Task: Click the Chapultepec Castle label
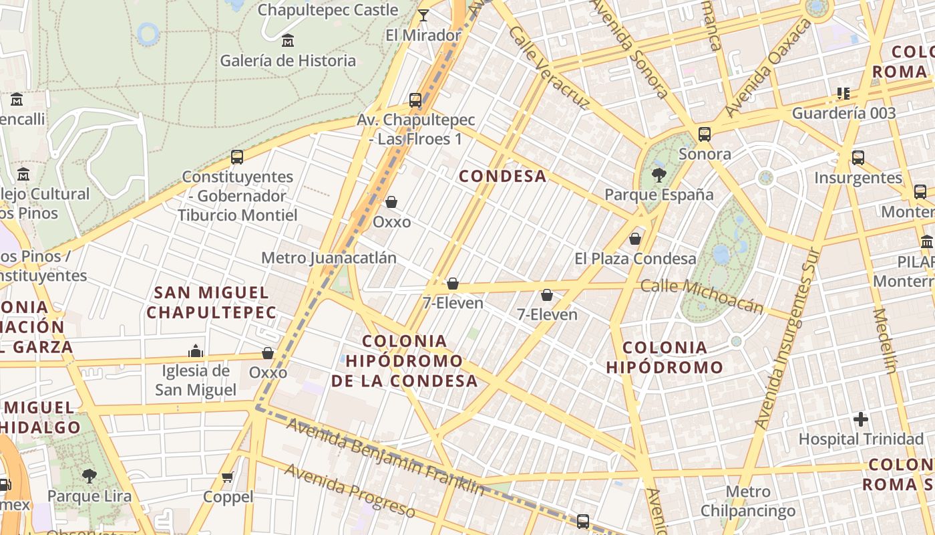pos(327,10)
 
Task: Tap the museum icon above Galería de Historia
pos(288,41)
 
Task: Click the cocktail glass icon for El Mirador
pos(423,15)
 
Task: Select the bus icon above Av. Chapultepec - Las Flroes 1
pos(415,100)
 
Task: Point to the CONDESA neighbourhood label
pos(503,176)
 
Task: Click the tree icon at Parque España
pos(659,176)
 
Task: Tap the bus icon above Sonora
pos(705,134)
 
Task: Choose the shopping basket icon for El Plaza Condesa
pos(635,238)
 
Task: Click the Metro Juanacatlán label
pos(329,257)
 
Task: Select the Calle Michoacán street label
pos(702,296)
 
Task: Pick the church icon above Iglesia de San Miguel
pos(196,351)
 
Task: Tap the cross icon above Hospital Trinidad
pos(861,420)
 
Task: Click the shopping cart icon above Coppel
pos(228,477)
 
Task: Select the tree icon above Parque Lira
pos(89,476)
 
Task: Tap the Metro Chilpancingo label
pos(748,502)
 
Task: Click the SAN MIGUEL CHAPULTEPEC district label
pos(211,302)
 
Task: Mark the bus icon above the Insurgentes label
pos(858,158)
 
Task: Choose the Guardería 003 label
pos(844,113)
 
